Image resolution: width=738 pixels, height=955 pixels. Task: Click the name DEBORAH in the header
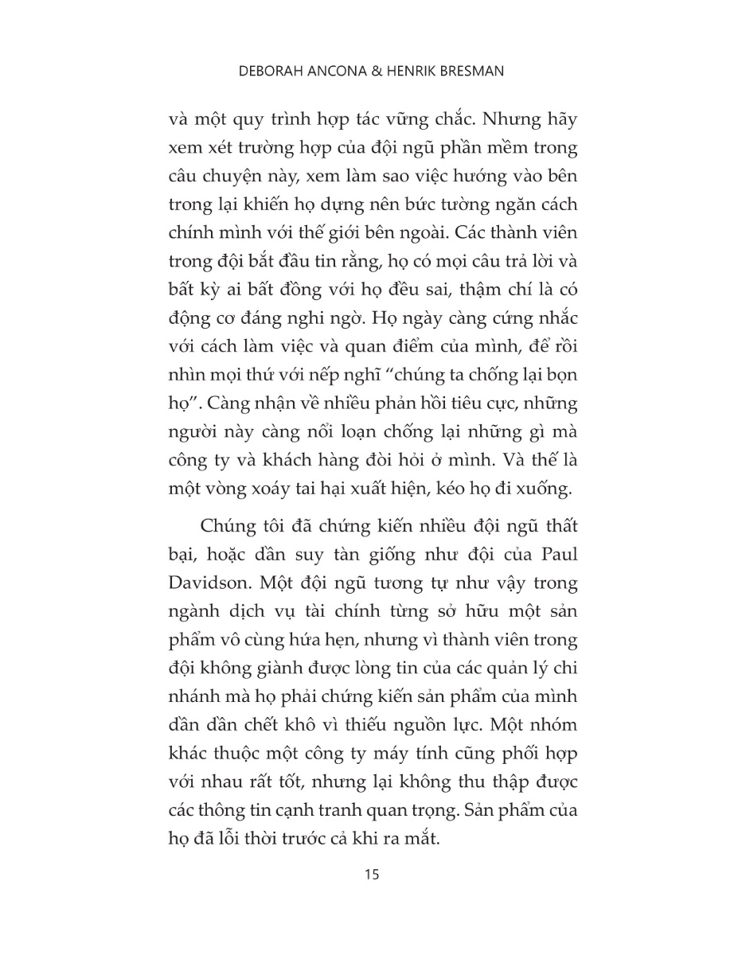point(276,72)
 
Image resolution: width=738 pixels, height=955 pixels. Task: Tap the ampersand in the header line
point(379,72)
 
